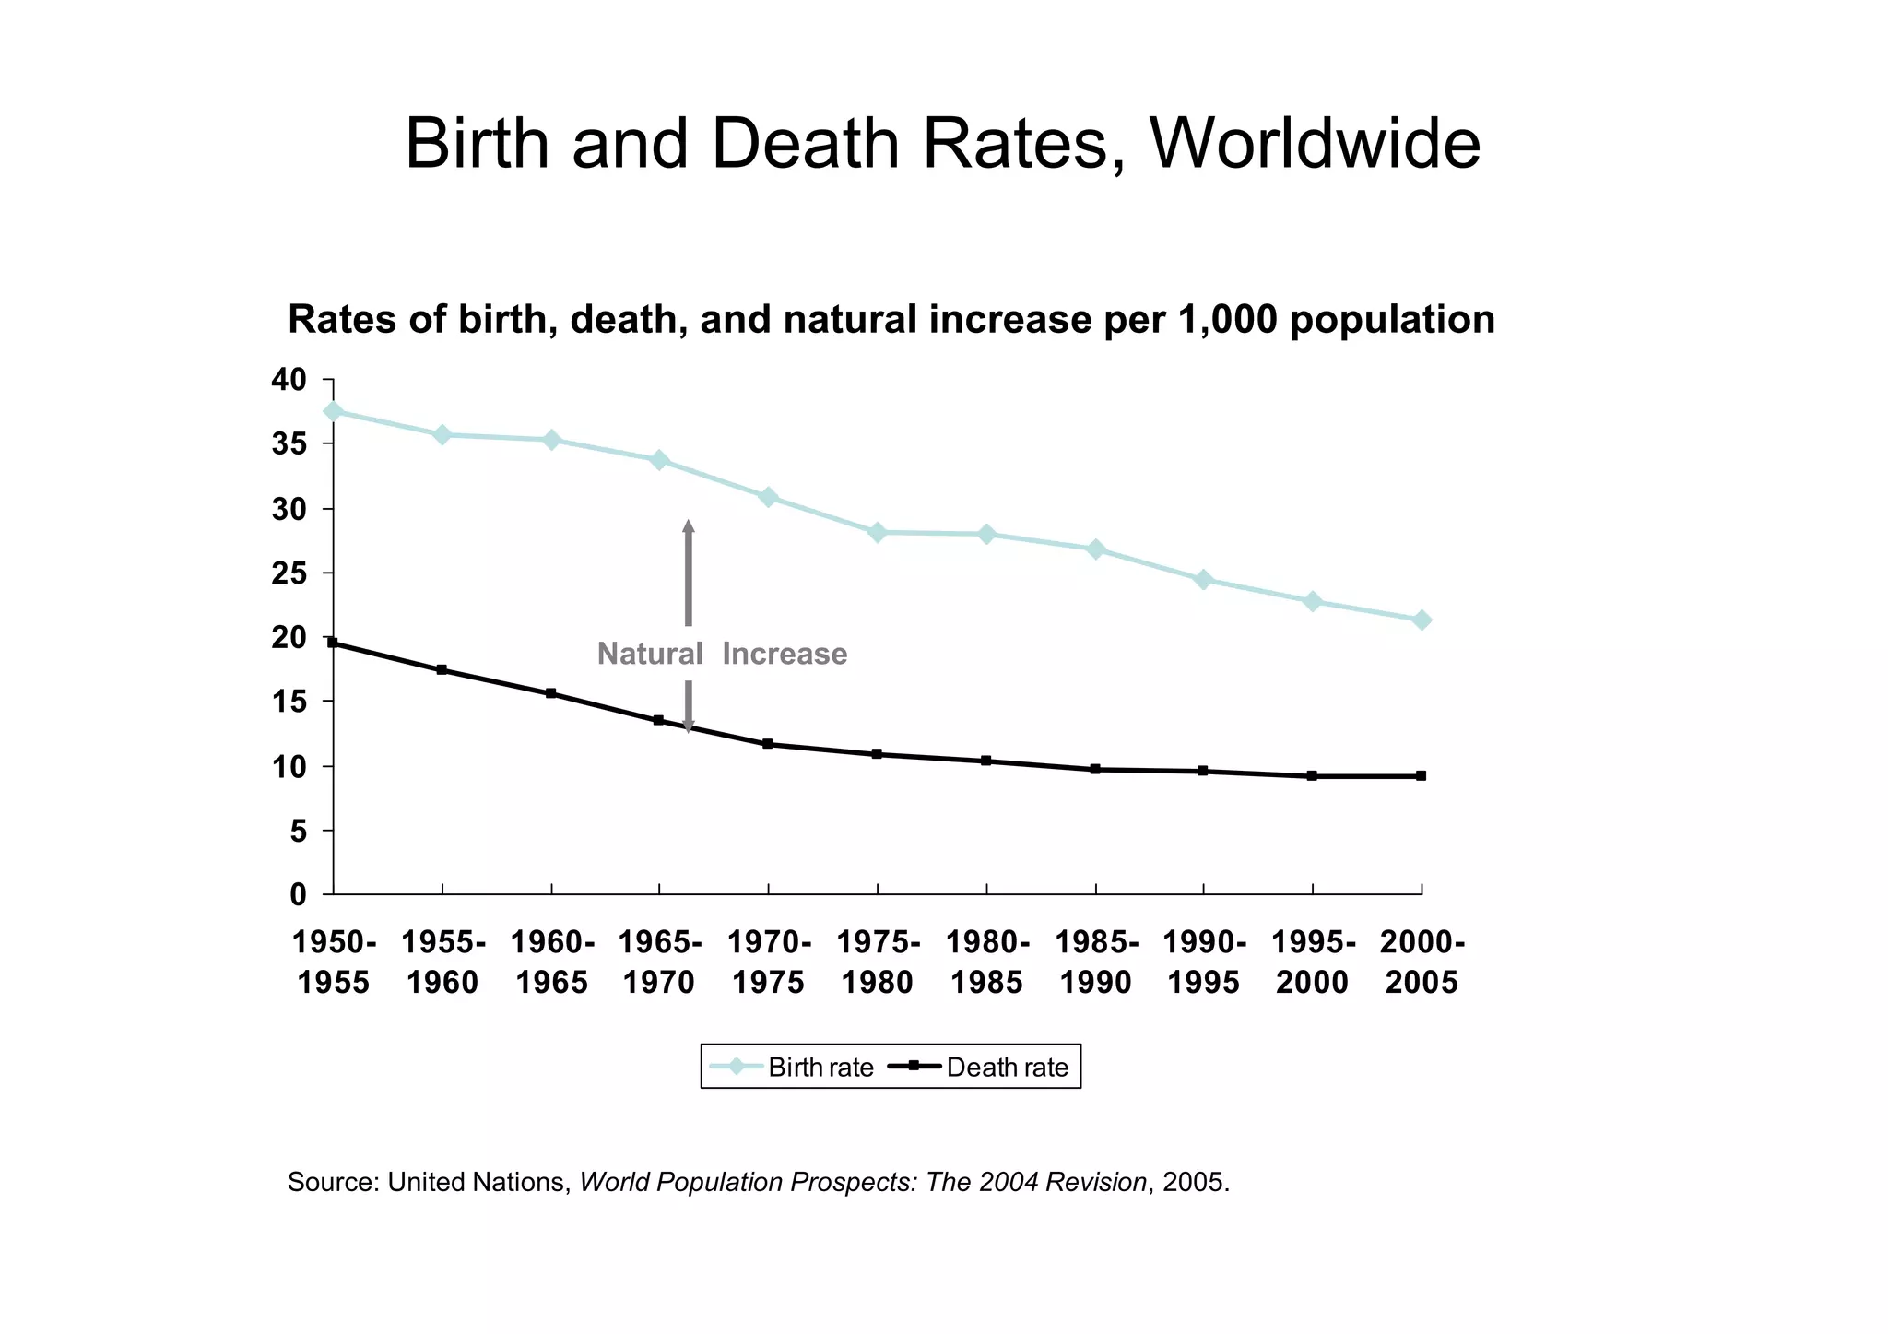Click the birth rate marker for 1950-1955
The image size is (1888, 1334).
click(334, 411)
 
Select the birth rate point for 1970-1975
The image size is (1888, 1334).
click(768, 497)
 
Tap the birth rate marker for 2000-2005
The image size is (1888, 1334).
click(1422, 620)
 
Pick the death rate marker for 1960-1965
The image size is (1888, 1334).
click(551, 693)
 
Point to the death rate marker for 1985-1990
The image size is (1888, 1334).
click(1095, 769)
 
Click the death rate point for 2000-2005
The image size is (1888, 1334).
click(1422, 776)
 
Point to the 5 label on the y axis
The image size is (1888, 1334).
click(297, 832)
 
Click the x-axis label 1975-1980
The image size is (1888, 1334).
click(878, 962)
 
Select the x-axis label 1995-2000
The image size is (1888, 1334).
click(1313, 962)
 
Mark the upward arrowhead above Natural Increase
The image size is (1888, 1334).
click(688, 527)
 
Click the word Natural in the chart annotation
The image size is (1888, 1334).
click(649, 654)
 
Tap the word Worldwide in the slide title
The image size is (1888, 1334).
click(1314, 144)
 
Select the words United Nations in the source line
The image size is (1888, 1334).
click(478, 1182)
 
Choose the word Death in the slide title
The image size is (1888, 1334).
click(805, 144)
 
